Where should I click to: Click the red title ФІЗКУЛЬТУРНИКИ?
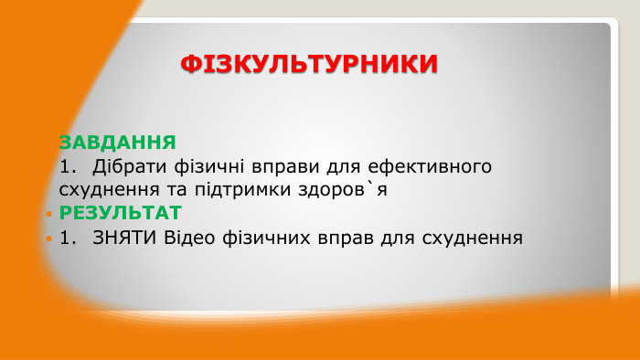coord(309,64)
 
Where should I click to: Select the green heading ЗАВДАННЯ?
coord(117,143)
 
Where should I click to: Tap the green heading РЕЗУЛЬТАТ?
coord(121,213)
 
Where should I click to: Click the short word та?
coord(166,190)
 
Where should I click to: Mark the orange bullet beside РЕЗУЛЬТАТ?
coord(48,214)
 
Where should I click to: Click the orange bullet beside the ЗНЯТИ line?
coord(48,239)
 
